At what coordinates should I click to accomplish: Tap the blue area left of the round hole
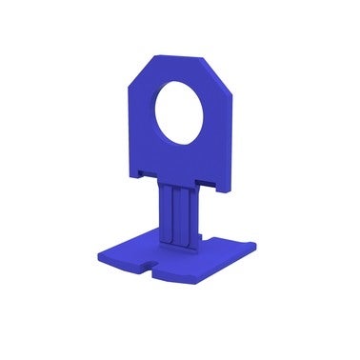pos(143,119)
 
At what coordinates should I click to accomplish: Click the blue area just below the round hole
pos(180,157)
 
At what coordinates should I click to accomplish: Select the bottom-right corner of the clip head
pos(228,187)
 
